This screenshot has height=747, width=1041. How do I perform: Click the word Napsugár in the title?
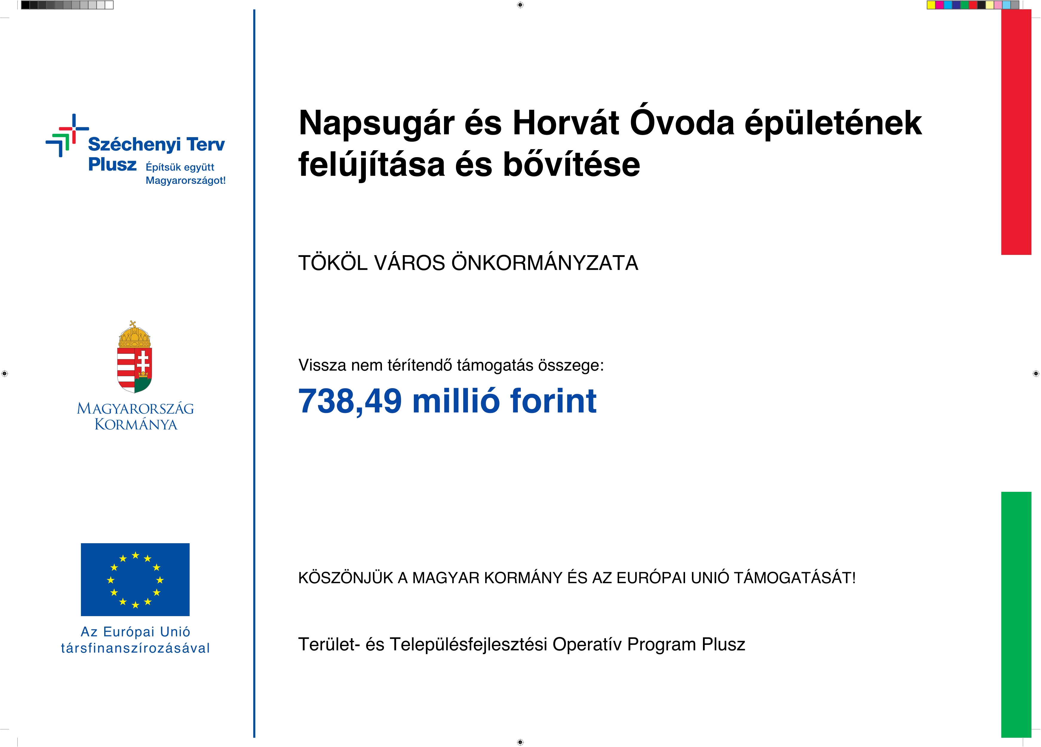tap(376, 124)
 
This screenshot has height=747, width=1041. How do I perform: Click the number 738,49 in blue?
tap(350, 401)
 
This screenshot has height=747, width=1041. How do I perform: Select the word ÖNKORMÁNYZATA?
tap(544, 263)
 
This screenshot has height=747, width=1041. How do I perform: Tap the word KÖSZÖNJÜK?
tap(346, 578)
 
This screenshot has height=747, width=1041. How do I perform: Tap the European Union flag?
tap(135, 579)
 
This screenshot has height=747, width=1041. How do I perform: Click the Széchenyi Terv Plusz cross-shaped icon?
tap(67, 135)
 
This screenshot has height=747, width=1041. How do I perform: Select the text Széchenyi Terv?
tap(156, 144)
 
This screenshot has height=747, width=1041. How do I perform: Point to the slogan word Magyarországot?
tap(185, 180)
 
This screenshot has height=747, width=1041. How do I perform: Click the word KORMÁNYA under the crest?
tap(136, 424)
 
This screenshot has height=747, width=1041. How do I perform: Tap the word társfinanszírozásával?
tap(135, 648)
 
